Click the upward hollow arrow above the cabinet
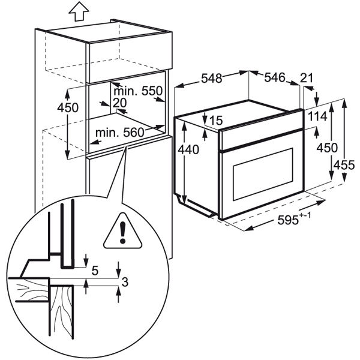pyautogui.click(x=79, y=11)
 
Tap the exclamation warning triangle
pyautogui.click(x=122, y=231)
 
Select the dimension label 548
pyautogui.click(x=212, y=78)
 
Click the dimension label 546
pyautogui.click(x=275, y=77)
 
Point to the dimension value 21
pyautogui.click(x=307, y=78)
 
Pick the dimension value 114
pyautogui.click(x=317, y=116)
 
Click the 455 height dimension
pyautogui.click(x=344, y=165)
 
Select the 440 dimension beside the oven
pyautogui.click(x=188, y=150)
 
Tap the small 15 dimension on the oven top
pyautogui.click(x=216, y=121)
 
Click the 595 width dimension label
pyautogui.click(x=287, y=220)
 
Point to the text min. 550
pyautogui.click(x=138, y=91)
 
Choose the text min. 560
pyautogui.click(x=119, y=133)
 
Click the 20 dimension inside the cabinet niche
pyautogui.click(x=119, y=103)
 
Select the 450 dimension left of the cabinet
pyautogui.click(x=68, y=107)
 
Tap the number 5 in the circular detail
pyautogui.click(x=95, y=271)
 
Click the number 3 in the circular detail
pyautogui.click(x=125, y=282)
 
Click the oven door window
pyautogui.click(x=263, y=174)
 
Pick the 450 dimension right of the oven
pyautogui.click(x=327, y=148)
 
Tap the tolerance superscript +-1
pyautogui.click(x=305, y=216)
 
